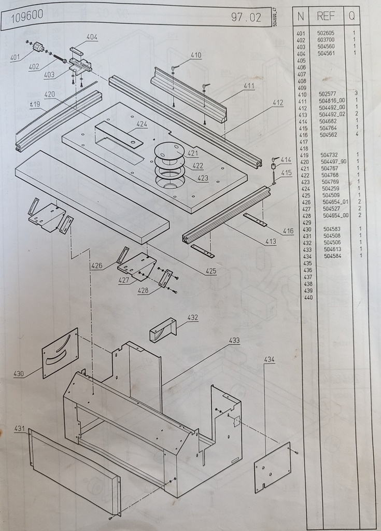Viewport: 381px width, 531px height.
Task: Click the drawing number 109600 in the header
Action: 27,16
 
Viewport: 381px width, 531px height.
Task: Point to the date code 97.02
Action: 246,17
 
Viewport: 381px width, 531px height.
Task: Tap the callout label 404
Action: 92,37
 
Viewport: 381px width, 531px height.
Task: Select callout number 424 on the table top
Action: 142,124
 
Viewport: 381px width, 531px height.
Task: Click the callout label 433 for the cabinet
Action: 234,340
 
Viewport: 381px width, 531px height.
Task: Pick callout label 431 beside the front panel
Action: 20,428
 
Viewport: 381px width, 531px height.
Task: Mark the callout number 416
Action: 288,231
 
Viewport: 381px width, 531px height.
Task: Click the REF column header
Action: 326,16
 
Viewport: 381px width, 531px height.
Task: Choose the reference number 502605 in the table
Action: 326,33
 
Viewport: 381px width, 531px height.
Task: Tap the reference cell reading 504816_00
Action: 332,101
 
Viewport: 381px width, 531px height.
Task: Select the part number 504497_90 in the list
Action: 334,162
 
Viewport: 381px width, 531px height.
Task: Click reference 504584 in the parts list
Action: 333,256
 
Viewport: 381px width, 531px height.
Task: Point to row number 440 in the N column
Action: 308,297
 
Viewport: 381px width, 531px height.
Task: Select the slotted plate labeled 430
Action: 60,353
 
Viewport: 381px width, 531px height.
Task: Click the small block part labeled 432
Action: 163,330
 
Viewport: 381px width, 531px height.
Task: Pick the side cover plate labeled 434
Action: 273,467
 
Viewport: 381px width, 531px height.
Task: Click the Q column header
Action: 352,16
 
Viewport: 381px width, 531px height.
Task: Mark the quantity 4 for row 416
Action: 357,134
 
